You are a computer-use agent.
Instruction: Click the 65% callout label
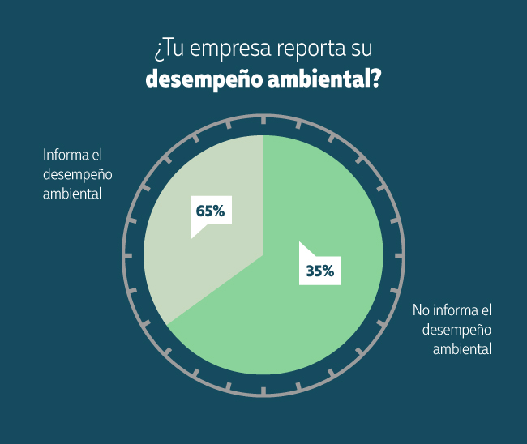209,211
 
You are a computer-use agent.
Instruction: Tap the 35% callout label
319,271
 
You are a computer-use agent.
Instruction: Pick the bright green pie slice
308,324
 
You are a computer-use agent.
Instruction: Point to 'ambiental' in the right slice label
462,349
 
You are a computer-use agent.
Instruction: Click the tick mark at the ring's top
263,120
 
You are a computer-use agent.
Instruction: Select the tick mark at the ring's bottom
263,391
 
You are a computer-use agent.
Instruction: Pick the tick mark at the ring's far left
128,255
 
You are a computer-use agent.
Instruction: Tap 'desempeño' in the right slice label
457,330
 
